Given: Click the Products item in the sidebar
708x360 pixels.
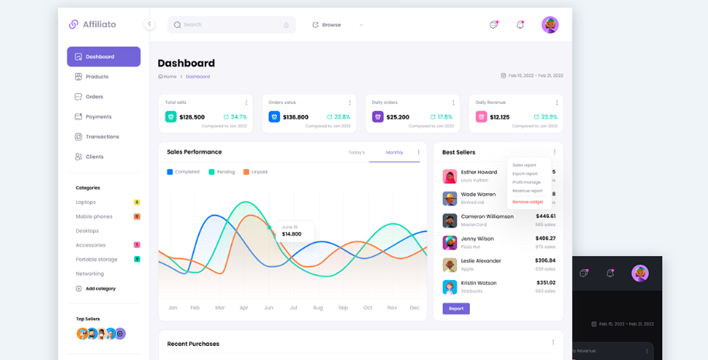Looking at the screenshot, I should tap(96, 77).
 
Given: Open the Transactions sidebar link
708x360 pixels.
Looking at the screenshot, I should tap(102, 137).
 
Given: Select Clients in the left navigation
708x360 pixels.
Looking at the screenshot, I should tap(94, 157).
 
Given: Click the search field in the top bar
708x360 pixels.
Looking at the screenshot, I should tap(231, 25).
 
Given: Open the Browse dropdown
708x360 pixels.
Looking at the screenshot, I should tap(338, 25).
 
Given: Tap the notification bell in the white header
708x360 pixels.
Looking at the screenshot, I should tap(520, 25).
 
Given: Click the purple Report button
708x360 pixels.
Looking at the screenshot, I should tap(456, 309).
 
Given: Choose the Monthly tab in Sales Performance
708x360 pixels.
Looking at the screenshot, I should tap(395, 153).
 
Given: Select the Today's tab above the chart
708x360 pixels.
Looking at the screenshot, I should tap(356, 153).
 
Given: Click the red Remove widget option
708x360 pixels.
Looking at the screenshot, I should tap(527, 202).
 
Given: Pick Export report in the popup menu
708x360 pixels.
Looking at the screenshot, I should tap(525, 174).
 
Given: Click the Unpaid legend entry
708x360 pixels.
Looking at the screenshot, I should tap(259, 172).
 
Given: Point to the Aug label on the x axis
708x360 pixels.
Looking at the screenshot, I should tap(318, 308).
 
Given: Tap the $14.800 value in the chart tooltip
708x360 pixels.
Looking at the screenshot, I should tap(292, 234).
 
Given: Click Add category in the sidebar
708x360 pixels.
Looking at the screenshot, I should tap(100, 289).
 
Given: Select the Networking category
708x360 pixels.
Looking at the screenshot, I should tap(89, 274).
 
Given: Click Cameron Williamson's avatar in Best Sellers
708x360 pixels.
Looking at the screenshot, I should tap(450, 221).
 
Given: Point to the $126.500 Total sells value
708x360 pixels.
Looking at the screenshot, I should tap(192, 117).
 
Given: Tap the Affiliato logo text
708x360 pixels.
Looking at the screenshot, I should tap(99, 25).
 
